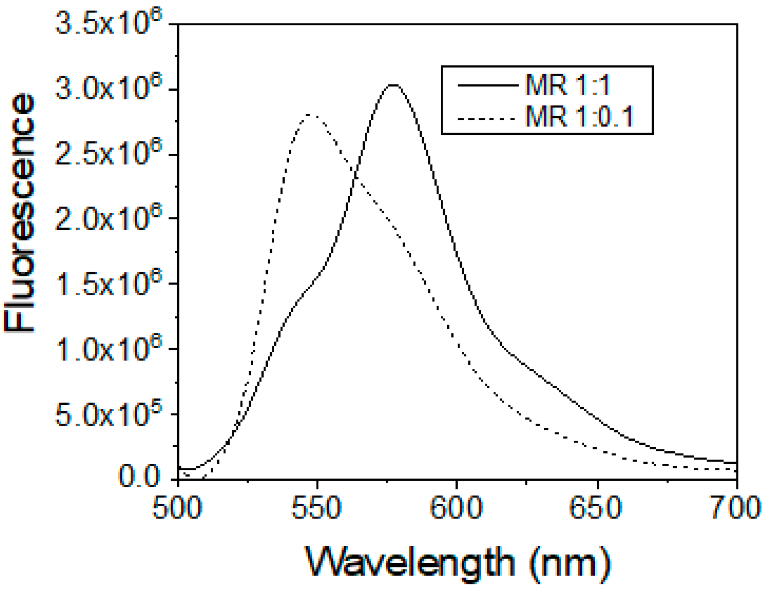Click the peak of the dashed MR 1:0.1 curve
(310, 115)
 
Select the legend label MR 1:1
(567, 85)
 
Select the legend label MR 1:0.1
(579, 116)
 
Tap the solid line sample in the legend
(487, 85)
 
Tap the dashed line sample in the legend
(487, 119)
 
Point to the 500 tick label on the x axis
(178, 507)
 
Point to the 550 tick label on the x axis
(317, 507)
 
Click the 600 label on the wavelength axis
(456, 507)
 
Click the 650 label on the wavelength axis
(596, 507)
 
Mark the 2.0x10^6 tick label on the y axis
(109, 218)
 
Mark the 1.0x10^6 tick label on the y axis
(109, 349)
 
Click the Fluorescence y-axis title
(19, 213)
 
